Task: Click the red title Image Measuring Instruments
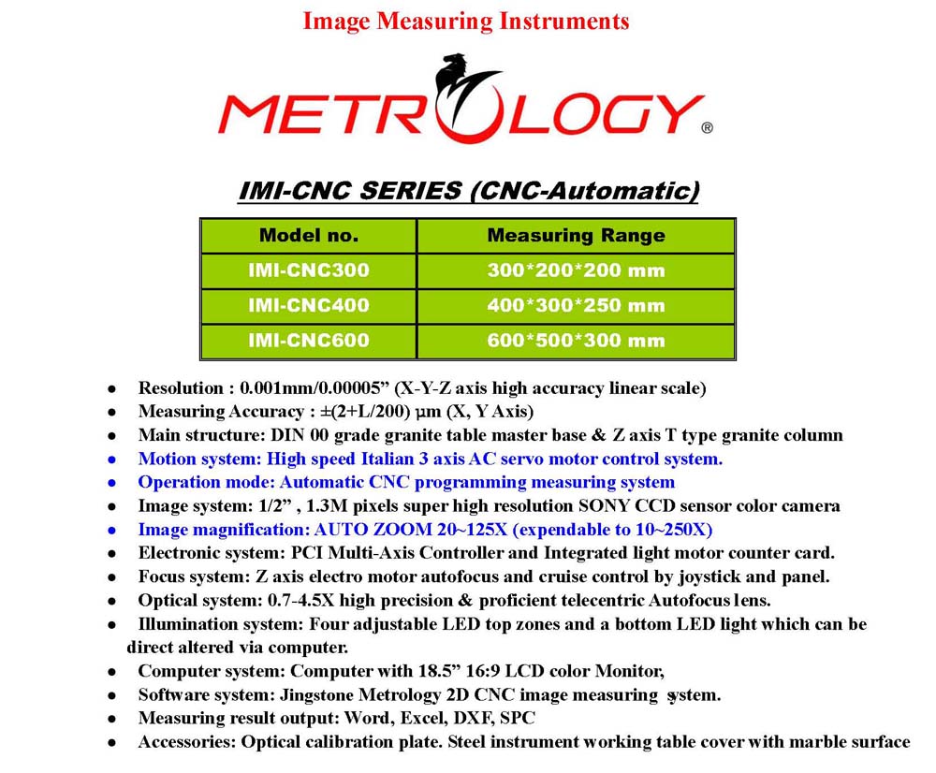tap(466, 21)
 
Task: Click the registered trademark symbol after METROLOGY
tap(707, 129)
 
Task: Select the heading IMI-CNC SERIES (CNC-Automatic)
tap(469, 191)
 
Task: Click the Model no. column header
tap(309, 236)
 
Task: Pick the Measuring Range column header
tap(576, 236)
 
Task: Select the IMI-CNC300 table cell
tap(309, 271)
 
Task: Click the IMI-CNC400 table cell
tap(309, 306)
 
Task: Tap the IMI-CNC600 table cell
tap(309, 341)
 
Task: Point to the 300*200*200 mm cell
tap(576, 271)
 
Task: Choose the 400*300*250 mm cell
tap(576, 306)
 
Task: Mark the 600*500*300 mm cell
tap(576, 341)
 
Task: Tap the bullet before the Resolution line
tap(111, 387)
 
